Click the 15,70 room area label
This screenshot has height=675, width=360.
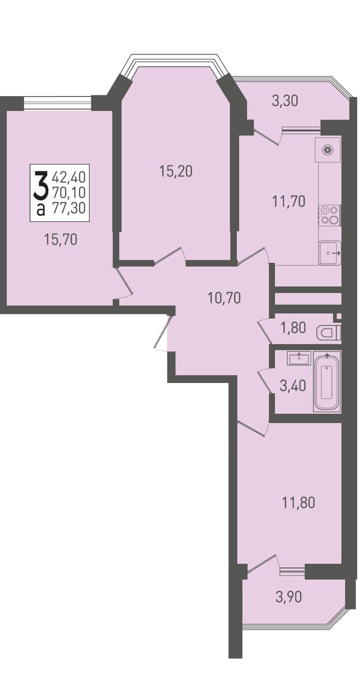coord(60,240)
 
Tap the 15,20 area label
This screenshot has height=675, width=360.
coord(176,171)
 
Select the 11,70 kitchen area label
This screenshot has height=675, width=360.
coord(289,201)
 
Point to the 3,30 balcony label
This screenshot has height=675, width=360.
coord(285,101)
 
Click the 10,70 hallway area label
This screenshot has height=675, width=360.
coord(224,298)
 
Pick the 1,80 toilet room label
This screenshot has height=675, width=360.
coord(294,328)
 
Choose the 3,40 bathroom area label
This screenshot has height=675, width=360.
coord(293,386)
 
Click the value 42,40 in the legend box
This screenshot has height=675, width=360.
coord(69,177)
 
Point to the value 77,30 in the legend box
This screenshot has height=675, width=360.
coord(69,208)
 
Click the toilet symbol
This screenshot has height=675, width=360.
coord(328,333)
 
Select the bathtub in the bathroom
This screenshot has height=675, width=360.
coord(327,381)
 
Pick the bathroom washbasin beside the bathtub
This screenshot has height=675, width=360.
coord(299,358)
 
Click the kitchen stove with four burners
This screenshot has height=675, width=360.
coord(330,215)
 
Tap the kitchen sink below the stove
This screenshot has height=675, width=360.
coord(330,253)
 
